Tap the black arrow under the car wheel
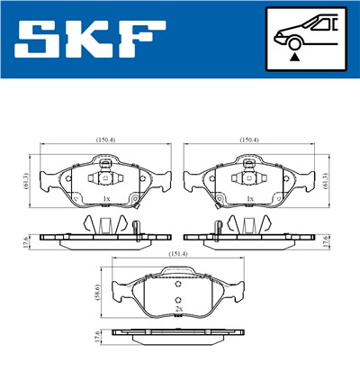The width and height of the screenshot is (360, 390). pos(293,56)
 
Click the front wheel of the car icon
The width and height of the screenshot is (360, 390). pos(293,41)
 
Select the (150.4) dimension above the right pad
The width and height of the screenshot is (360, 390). pos(249,140)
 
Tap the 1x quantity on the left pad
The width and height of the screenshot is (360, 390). pos(106,198)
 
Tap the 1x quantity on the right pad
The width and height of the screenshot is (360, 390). pos(249,198)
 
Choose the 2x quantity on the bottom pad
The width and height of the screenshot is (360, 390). pos(179,309)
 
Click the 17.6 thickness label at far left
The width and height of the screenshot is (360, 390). pos(28,240)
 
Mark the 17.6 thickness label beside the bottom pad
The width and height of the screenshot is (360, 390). pos(98,340)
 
